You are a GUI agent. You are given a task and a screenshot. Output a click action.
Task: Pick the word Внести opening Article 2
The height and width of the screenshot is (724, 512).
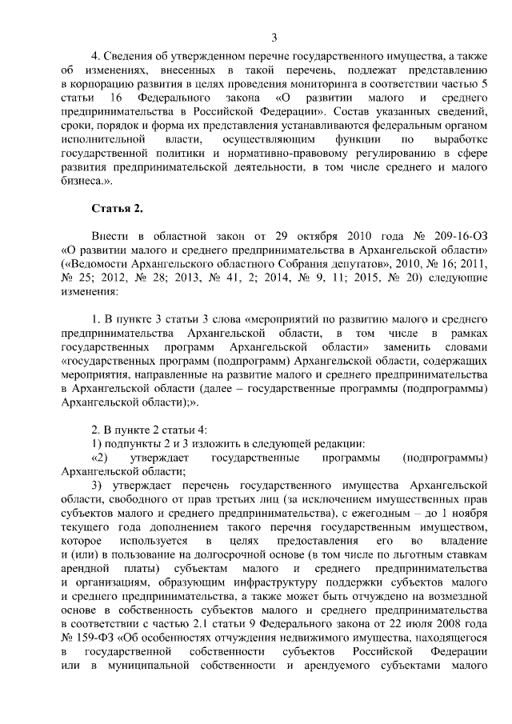click(111, 238)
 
